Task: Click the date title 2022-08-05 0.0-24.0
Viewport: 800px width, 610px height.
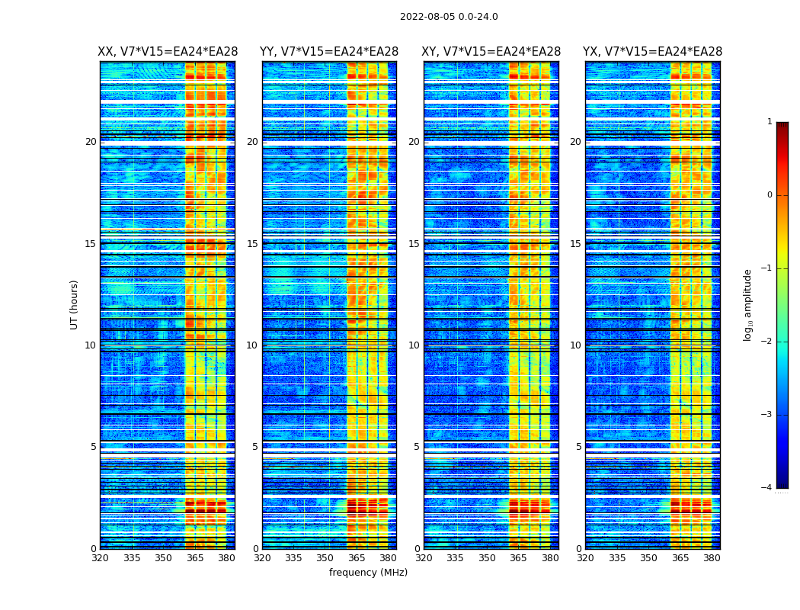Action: point(449,17)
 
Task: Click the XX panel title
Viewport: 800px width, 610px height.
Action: point(168,52)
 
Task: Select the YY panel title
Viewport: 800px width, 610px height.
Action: point(329,52)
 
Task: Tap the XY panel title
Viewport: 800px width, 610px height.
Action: point(491,52)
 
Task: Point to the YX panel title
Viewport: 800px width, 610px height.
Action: point(652,52)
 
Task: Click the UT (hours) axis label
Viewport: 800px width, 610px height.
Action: point(75,304)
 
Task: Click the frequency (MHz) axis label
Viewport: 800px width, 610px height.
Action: point(368,573)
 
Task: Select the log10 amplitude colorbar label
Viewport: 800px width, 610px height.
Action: point(748,304)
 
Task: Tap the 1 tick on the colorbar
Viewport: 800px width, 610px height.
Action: point(770,122)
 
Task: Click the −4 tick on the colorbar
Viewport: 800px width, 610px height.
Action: point(767,488)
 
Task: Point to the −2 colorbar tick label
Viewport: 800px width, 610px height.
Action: point(767,342)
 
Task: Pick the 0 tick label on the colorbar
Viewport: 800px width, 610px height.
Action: point(770,195)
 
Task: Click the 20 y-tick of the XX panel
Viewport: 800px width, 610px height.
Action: point(91,142)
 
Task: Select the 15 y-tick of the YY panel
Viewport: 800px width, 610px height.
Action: point(252,244)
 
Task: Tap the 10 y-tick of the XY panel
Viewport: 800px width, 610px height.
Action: point(414,345)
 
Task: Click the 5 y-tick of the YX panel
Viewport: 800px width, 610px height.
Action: point(578,447)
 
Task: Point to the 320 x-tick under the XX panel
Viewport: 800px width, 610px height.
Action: point(100,558)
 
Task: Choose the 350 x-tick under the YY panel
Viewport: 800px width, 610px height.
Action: point(325,558)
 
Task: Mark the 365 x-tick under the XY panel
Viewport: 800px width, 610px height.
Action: point(518,558)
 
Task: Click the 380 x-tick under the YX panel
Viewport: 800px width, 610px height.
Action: point(712,558)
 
